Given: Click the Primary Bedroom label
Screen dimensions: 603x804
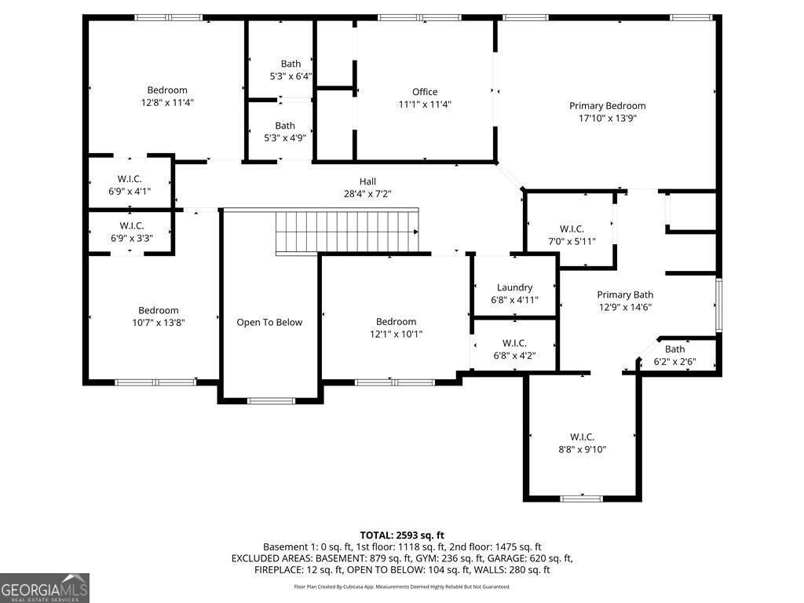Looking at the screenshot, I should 607,106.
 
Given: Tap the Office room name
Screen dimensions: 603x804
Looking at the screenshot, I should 425,92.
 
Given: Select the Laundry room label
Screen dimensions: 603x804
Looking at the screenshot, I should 514,287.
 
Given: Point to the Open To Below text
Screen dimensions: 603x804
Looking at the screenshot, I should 269,322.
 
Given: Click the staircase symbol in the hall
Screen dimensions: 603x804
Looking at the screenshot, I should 346,231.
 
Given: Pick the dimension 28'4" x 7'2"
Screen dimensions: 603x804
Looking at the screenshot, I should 367,194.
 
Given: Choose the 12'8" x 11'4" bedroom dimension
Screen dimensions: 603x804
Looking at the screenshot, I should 167,103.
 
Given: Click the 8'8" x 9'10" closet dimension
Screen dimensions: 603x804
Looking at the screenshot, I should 582,450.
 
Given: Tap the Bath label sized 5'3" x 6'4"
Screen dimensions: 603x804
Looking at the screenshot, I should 291,64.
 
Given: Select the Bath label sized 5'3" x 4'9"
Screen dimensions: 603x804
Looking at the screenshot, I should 285,126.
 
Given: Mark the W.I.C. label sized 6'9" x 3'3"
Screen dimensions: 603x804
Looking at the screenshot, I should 131,226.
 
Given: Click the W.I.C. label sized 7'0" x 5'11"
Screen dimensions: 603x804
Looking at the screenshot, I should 572,229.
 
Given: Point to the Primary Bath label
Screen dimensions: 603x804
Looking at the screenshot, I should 625,295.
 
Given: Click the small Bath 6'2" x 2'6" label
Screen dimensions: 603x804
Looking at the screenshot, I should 674,349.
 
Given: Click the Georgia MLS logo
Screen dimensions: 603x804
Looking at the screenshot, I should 45,588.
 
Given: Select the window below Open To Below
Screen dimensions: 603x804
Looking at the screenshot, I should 271,401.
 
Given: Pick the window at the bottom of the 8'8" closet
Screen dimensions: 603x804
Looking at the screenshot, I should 582,498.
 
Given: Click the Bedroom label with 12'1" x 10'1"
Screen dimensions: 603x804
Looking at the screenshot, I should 396,322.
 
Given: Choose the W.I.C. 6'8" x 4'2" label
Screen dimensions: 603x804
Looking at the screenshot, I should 514,343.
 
